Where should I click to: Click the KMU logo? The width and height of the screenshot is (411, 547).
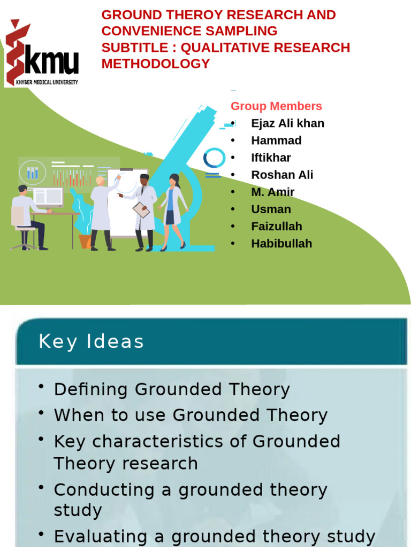42,54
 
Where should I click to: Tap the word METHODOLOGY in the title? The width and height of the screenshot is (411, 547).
156,64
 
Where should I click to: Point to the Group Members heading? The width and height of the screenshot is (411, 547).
276,106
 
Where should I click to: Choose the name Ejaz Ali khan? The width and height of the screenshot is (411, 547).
287,123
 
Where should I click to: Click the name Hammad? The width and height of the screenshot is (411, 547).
276,140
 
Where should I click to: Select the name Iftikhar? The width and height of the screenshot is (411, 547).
271,158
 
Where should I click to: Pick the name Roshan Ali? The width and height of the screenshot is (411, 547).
282,175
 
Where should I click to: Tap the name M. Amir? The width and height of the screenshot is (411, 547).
272,192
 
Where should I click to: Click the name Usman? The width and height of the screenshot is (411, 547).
271,209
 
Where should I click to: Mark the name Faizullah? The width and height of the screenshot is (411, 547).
277,226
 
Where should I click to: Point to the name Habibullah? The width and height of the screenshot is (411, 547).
281,244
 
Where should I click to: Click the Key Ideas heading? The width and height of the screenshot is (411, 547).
91,342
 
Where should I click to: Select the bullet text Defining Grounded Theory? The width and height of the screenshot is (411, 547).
172,389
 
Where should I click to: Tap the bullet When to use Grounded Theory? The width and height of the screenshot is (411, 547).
191,415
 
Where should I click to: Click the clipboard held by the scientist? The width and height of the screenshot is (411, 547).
141,210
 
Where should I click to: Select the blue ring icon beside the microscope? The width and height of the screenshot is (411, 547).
214,159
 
